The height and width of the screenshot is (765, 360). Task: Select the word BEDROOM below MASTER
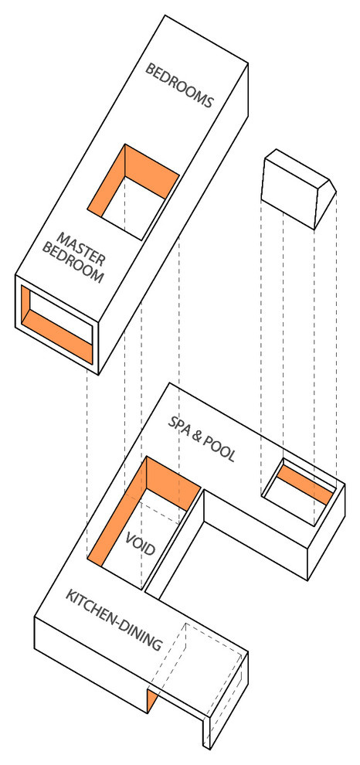[x=73, y=263]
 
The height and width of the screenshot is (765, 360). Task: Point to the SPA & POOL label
[x=202, y=439]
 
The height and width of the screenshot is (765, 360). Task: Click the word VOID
[x=140, y=544]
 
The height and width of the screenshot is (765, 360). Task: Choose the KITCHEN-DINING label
[x=114, y=620]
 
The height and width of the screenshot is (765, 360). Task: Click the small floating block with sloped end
[x=299, y=189]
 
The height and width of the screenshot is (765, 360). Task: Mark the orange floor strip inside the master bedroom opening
[x=59, y=337]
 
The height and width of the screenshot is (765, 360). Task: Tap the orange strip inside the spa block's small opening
[x=304, y=483]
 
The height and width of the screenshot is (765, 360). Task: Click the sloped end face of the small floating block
[x=325, y=205]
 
